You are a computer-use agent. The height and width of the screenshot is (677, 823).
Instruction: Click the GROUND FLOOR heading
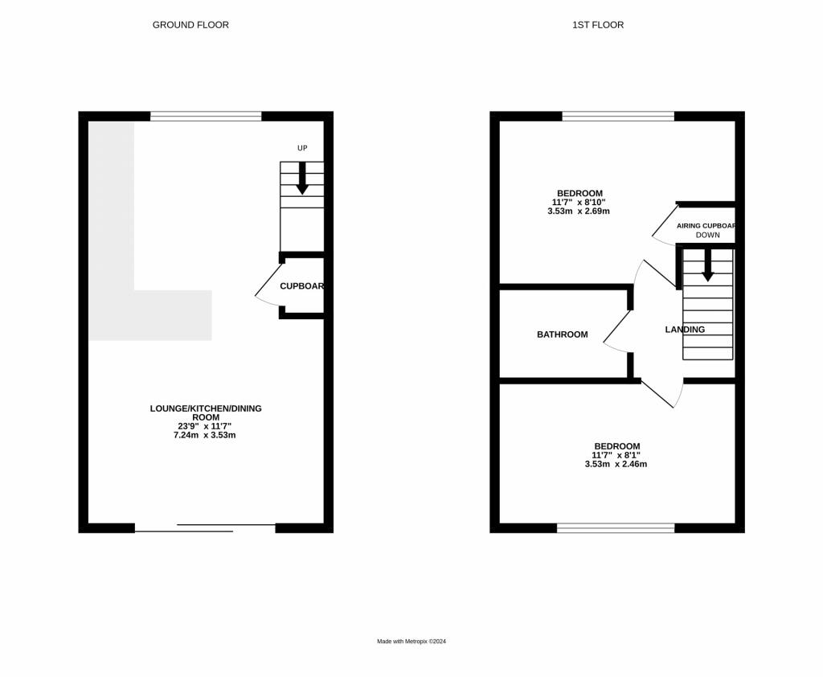coord(190,25)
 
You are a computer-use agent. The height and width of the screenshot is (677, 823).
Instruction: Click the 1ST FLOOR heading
coord(598,25)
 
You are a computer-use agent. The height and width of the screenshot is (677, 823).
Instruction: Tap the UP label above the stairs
coord(302,148)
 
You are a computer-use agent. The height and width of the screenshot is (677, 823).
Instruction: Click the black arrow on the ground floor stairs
coord(302,178)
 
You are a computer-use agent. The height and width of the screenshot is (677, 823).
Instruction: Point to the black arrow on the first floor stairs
coord(707,265)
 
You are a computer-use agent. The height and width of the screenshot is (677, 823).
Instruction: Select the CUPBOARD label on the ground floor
coord(301,286)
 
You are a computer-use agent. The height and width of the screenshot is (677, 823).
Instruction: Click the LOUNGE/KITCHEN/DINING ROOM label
coord(206,412)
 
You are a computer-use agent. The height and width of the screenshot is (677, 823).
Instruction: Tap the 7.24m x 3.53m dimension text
coord(206,435)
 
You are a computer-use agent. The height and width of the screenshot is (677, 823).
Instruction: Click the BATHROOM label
coord(563,334)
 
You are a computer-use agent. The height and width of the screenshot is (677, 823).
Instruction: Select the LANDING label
coord(685,330)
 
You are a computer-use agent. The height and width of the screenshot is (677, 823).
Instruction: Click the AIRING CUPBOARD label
coord(706,226)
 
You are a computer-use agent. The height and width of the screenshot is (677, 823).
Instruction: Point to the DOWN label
coord(708,236)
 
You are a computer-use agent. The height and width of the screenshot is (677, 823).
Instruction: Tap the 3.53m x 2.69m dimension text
coord(579,211)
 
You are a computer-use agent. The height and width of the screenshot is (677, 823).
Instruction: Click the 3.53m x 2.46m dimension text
coord(616,464)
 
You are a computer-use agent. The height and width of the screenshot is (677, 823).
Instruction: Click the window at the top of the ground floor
coord(206,117)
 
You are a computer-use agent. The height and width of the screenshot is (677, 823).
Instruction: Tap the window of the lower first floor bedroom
coord(616,527)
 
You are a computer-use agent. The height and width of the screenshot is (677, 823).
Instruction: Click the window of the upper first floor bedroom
coord(618,117)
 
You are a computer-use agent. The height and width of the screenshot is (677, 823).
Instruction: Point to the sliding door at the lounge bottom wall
coord(205,527)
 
